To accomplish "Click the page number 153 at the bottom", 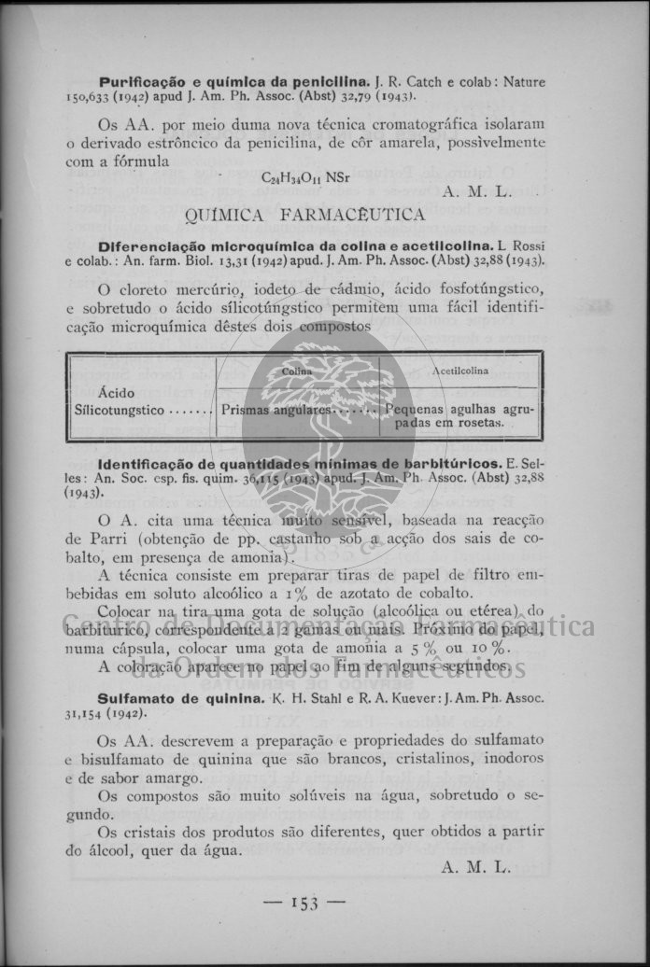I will pyautogui.click(x=304, y=902).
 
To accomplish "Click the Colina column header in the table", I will pyautogui.click(x=297, y=371).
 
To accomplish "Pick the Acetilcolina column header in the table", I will pyautogui.click(x=459, y=371).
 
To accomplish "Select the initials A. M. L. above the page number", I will pyautogui.click(x=475, y=867).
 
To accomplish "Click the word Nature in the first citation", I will pyautogui.click(x=524, y=82).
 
